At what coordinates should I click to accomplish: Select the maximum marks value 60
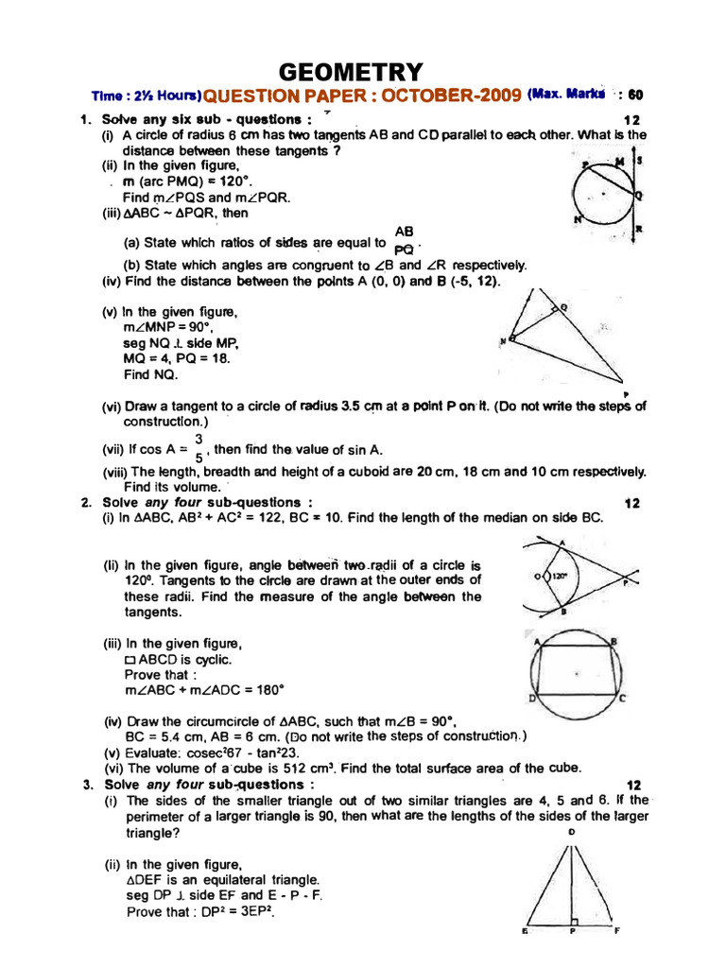click(635, 95)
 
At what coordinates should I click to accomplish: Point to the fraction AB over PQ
click(405, 241)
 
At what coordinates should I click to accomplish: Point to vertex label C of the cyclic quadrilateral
click(622, 699)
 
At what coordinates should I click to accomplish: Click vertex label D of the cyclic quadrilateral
click(533, 699)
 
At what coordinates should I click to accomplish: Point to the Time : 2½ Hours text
click(147, 96)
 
